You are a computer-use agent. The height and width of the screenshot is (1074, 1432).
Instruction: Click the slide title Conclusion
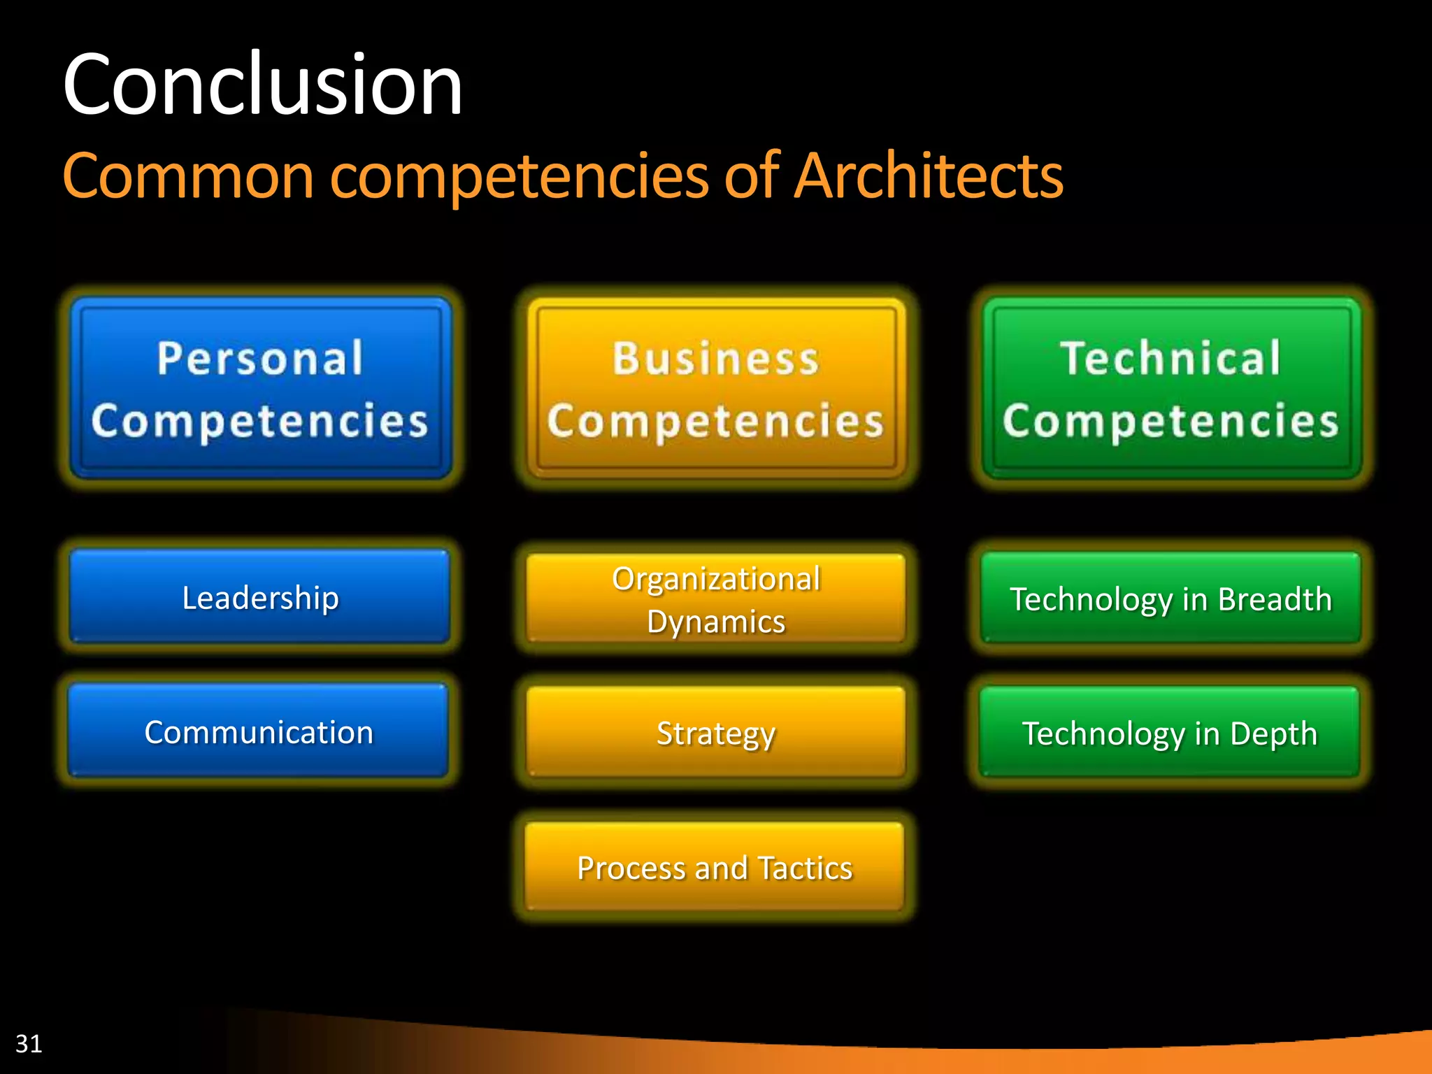click(262, 85)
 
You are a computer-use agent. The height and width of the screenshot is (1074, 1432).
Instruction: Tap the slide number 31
click(29, 1043)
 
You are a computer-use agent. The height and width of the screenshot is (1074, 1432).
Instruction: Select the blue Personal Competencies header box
click(261, 388)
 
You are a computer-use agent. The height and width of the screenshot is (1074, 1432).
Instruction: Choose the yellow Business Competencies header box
click(716, 388)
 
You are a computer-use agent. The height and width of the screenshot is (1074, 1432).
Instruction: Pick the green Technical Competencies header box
click(1171, 388)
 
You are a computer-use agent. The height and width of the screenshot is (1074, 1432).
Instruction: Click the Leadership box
click(260, 597)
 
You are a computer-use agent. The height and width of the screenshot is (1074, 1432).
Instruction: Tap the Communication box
click(259, 731)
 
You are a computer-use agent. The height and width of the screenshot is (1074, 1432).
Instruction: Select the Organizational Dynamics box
click(716, 599)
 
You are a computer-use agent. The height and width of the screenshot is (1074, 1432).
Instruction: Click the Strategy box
click(716, 733)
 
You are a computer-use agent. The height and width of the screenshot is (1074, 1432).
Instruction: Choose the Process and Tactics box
click(715, 868)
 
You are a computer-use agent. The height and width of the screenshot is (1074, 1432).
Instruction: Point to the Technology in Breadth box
click(1171, 599)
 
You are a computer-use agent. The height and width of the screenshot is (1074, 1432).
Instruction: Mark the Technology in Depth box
click(1170, 733)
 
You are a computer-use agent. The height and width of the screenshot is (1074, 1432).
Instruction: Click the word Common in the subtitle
click(188, 176)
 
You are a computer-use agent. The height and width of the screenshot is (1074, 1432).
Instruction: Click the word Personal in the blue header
click(260, 358)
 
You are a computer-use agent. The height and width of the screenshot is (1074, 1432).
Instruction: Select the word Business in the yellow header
click(716, 358)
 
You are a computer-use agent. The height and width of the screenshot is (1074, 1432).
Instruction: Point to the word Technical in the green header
click(1170, 358)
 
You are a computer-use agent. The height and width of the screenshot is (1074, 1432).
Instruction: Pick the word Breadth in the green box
click(1275, 599)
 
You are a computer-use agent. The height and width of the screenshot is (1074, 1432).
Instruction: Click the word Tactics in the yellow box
click(805, 868)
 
